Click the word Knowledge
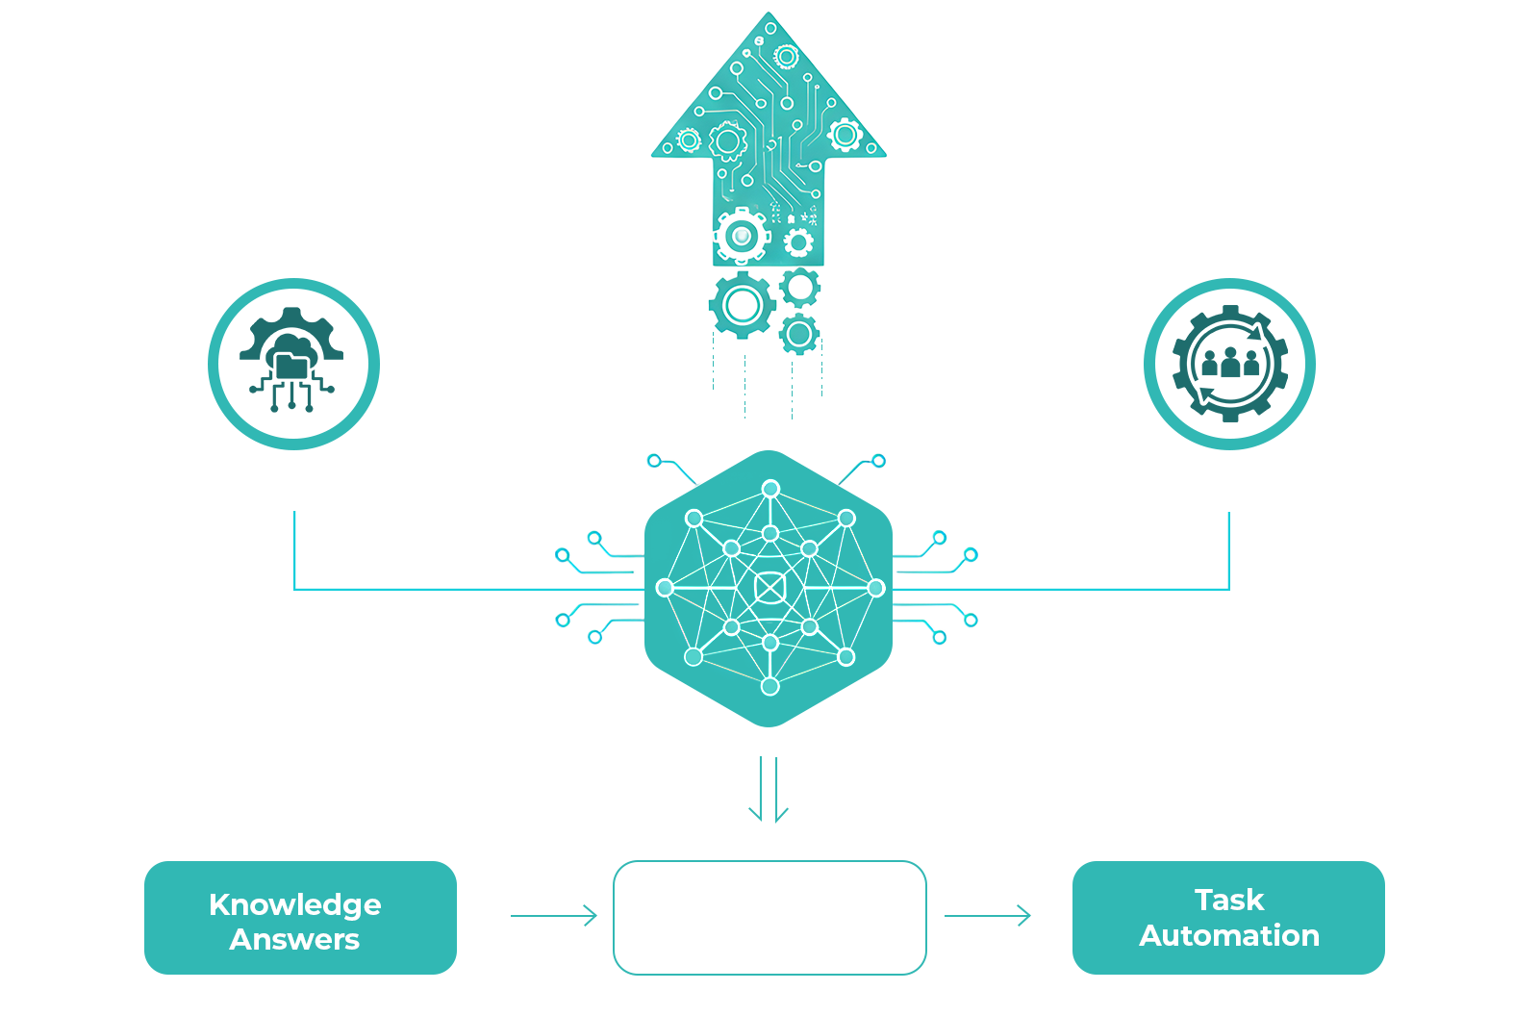coord(294,904)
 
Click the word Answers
coord(294,940)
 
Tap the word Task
coord(1229,900)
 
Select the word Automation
coord(1229,935)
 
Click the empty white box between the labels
coord(769,917)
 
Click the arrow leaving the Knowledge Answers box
coord(554,916)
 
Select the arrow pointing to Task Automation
coord(988,916)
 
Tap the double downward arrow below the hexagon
coord(769,789)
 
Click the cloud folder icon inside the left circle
coord(292,359)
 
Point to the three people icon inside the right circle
coord(1230,363)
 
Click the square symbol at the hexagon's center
coord(769,588)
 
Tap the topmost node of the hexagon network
coord(770,489)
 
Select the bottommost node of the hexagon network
coord(770,686)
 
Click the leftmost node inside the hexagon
coord(665,588)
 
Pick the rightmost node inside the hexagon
coord(876,588)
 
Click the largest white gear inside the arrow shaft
coord(742,237)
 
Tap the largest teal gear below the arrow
coord(742,305)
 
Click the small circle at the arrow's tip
coord(770,28)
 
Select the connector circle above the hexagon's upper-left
coord(654,461)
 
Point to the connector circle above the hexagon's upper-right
coord(878,461)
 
